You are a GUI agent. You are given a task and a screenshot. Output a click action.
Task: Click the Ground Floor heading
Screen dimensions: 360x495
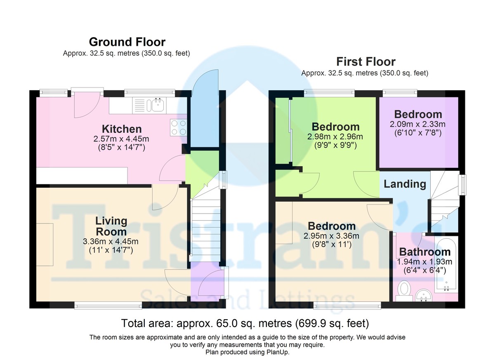(x=127, y=42)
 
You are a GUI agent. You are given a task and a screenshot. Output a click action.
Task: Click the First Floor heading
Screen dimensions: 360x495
(x=365, y=62)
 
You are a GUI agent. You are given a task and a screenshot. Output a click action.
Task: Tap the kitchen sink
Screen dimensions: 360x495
(x=157, y=106)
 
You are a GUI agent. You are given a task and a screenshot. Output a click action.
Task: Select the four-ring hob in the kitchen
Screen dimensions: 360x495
(x=177, y=127)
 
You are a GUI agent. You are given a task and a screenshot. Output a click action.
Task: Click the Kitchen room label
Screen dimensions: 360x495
(x=122, y=129)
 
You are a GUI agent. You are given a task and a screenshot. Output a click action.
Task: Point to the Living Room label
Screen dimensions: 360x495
(x=111, y=226)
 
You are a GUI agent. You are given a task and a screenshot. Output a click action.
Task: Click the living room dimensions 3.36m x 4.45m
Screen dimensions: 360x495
(x=111, y=242)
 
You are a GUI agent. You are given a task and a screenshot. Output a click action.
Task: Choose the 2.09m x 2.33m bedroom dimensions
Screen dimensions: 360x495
(x=418, y=124)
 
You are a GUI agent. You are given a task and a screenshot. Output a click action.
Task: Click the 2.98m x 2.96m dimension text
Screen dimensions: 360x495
(x=335, y=137)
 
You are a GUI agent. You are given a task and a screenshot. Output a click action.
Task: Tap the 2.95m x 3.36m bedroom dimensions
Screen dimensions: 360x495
(x=331, y=236)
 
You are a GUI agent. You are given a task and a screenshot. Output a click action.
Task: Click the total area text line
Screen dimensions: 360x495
(x=245, y=322)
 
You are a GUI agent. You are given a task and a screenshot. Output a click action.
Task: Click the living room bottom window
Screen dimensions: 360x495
(x=108, y=306)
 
